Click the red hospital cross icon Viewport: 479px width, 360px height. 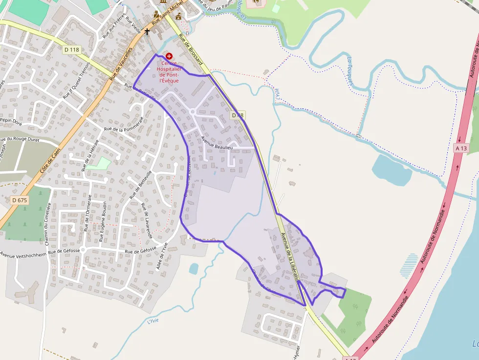coord(169,57)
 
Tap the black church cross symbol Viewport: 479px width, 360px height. coord(147,32)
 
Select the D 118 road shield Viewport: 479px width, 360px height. coord(71,49)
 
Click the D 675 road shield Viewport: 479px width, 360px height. coord(19,200)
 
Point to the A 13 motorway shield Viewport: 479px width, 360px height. coord(461,148)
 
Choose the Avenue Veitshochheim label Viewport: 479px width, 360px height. coord(23,254)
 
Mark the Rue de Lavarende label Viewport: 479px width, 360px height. coord(147,220)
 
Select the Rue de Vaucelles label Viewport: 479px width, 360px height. coord(121,64)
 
